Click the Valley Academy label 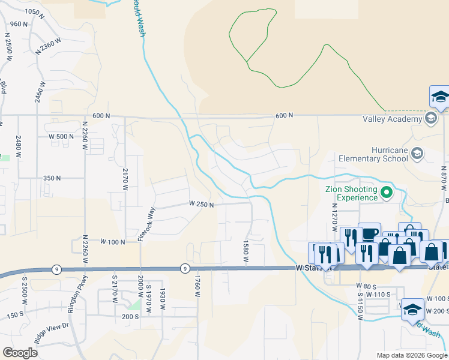pos(392,119)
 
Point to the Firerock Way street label pos(143,224)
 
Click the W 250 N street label pos(202,205)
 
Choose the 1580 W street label pos(245,251)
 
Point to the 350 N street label pos(52,178)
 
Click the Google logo pos(20,352)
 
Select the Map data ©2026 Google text pos(411,355)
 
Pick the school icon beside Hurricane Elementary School pos(415,154)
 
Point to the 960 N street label pos(19,24)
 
